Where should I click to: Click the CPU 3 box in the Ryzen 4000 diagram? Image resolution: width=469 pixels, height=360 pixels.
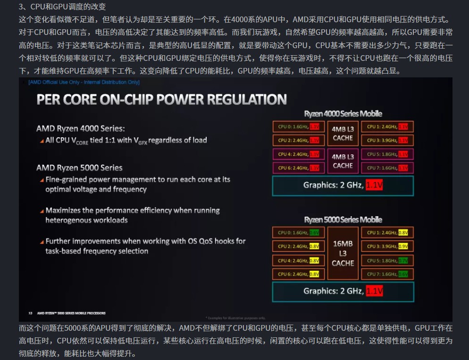[387, 140]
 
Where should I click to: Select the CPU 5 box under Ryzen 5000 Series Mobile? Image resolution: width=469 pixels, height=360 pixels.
[387, 260]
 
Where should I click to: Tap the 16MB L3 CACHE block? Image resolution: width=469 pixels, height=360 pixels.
[343, 253]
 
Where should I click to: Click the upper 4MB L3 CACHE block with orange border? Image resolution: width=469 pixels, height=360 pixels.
[343, 134]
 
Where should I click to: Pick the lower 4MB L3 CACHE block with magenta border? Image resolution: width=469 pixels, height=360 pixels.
[343, 161]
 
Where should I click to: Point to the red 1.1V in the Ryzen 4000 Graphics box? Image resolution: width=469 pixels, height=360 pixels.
[374, 185]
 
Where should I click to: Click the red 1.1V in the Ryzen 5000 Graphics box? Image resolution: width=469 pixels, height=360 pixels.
[374, 291]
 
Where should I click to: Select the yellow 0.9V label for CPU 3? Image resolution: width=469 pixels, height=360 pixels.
[403, 246]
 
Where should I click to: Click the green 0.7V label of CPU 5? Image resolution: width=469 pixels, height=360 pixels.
[403, 260]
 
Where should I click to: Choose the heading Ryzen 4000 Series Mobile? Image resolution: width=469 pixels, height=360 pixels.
[343, 114]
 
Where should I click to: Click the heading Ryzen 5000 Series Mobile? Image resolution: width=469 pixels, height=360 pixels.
[343, 220]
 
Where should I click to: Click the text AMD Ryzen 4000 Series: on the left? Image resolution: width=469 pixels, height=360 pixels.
[80, 128]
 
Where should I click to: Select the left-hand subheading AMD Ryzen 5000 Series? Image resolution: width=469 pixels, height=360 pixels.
[79, 167]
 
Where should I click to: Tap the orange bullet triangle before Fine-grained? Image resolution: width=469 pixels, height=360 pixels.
[42, 180]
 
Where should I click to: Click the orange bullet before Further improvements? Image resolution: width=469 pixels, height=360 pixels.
[42, 242]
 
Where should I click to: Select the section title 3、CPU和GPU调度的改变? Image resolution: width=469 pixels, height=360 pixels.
[62, 7]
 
